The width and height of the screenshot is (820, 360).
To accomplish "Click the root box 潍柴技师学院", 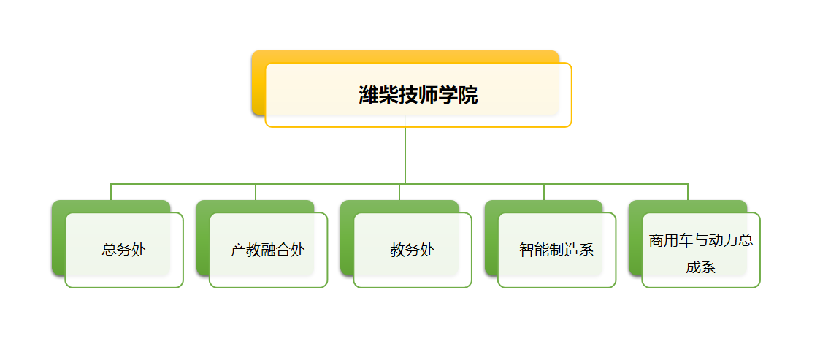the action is point(418,95).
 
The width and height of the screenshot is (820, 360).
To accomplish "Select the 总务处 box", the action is point(124,250).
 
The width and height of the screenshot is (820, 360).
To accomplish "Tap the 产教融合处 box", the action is point(268,250).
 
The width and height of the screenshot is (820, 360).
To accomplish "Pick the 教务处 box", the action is point(413,250).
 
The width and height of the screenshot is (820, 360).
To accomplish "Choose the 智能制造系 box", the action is point(557,250).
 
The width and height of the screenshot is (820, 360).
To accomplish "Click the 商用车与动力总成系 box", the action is point(701,250).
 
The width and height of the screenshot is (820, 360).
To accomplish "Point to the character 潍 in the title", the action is point(369,95).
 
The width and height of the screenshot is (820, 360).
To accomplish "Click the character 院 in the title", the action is point(468,95).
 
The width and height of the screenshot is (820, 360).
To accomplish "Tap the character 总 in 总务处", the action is point(109,250).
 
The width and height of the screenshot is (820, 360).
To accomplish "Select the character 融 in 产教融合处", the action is point(268,250).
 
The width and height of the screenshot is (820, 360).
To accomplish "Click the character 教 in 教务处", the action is point(397,250).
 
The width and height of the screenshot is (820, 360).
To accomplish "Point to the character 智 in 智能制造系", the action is point(526,250).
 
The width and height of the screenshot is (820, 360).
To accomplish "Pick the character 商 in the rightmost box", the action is point(656,241).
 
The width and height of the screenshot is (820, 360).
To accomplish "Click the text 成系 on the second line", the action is point(701,267).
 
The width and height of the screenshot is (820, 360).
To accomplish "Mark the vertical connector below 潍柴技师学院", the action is point(405,156).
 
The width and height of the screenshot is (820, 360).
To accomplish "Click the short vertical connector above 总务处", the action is point(111,192).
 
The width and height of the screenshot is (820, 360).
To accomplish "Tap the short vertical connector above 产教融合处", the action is point(256,192).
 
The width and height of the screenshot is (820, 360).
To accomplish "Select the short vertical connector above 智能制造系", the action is point(544,192).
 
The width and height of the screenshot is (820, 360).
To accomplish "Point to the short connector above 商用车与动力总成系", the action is point(688,192).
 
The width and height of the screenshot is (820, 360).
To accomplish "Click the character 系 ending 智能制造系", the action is point(587,250).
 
